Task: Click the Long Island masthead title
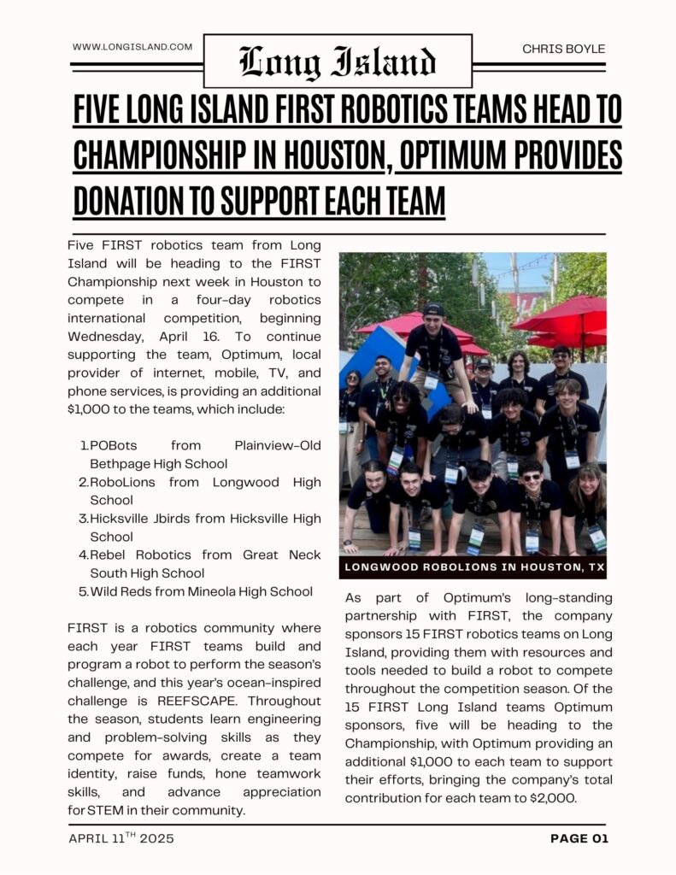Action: (338, 62)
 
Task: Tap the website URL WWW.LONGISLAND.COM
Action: (132, 47)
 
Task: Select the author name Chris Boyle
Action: (563, 49)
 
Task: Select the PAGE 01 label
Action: (579, 838)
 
